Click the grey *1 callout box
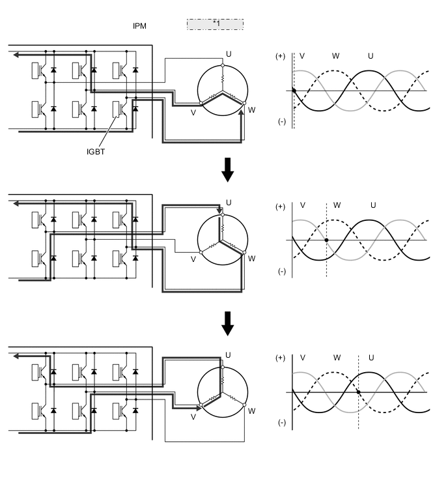tap(215, 24)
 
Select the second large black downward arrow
tap(227, 323)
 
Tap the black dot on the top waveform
tap(294, 91)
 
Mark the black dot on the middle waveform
tap(326, 240)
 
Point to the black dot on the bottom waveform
tap(358, 392)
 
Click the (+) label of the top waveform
tap(281, 56)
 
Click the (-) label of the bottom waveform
tap(281, 422)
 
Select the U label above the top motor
tap(229, 53)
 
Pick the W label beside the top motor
tap(251, 109)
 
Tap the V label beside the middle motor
tap(193, 259)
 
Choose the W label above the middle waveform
tap(337, 205)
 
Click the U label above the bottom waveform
tap(371, 357)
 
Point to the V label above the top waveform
tap(301, 56)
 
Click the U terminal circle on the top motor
tap(222, 65)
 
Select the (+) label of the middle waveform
tap(281, 207)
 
